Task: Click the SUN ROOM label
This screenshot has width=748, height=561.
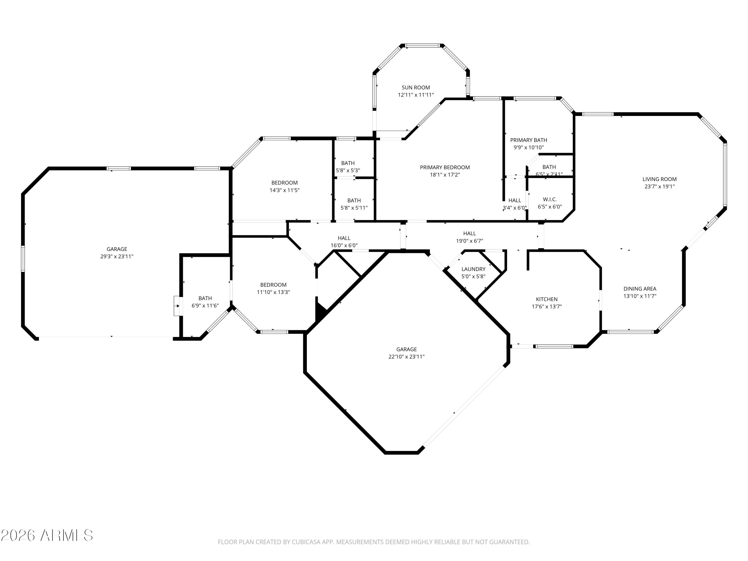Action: point(416,88)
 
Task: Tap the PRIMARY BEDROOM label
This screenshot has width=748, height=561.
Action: point(445,167)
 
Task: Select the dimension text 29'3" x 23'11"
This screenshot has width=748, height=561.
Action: point(117,257)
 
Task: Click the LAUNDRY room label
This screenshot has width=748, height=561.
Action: point(473,269)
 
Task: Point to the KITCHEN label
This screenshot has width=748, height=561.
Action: point(547,299)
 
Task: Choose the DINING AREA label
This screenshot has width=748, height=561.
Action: point(640,289)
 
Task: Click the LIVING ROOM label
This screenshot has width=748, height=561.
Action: point(659,179)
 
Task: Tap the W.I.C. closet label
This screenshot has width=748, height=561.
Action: point(550,199)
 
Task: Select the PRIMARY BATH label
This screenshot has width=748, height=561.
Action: point(528,140)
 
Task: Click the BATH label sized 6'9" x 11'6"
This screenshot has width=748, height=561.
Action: point(205,298)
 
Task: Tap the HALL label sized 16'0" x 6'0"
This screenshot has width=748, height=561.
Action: point(344,238)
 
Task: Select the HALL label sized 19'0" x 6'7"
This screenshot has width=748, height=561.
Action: point(469,233)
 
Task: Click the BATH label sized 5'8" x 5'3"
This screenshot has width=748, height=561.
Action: point(348,163)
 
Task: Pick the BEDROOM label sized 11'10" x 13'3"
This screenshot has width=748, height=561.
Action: point(273,285)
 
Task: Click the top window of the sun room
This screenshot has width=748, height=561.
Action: point(422,46)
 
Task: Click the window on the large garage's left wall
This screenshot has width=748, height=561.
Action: point(23,259)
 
